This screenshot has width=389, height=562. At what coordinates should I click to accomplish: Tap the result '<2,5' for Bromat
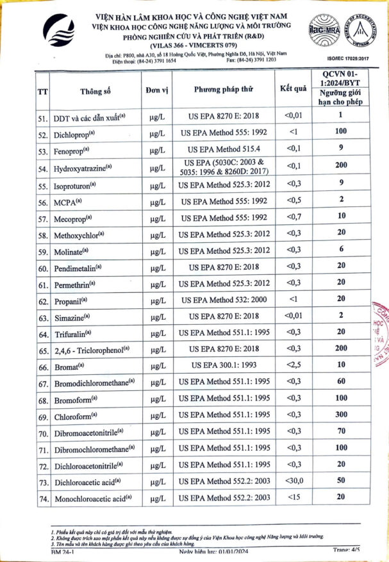(292, 366)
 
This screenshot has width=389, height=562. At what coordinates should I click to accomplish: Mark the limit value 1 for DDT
(341, 116)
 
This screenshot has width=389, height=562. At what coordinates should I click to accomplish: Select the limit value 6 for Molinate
(341, 250)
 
